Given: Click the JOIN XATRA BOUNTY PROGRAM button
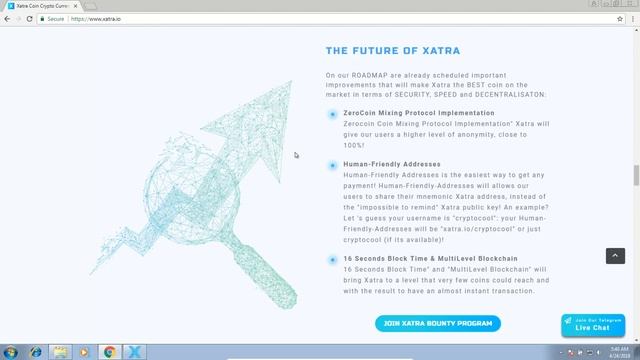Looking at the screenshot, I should [437, 323].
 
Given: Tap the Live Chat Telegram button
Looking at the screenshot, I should [592, 325].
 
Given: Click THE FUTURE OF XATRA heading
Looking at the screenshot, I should [393, 51].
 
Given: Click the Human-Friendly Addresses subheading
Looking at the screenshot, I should [391, 164].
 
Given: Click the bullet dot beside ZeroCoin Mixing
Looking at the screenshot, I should [332, 114].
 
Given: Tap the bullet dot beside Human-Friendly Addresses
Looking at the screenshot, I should [332, 164].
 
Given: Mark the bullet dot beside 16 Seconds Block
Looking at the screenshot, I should [332, 260].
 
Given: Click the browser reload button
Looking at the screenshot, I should [35, 19].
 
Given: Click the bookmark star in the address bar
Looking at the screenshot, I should [620, 19].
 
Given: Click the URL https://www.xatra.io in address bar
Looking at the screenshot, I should [96, 19].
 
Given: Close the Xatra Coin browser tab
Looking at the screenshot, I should [77, 6].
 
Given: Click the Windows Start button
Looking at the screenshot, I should [11, 351].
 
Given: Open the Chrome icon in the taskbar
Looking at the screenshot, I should [110, 351].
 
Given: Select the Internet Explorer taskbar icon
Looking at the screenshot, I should [36, 351].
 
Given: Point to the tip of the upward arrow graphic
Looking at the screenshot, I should [290, 82].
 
